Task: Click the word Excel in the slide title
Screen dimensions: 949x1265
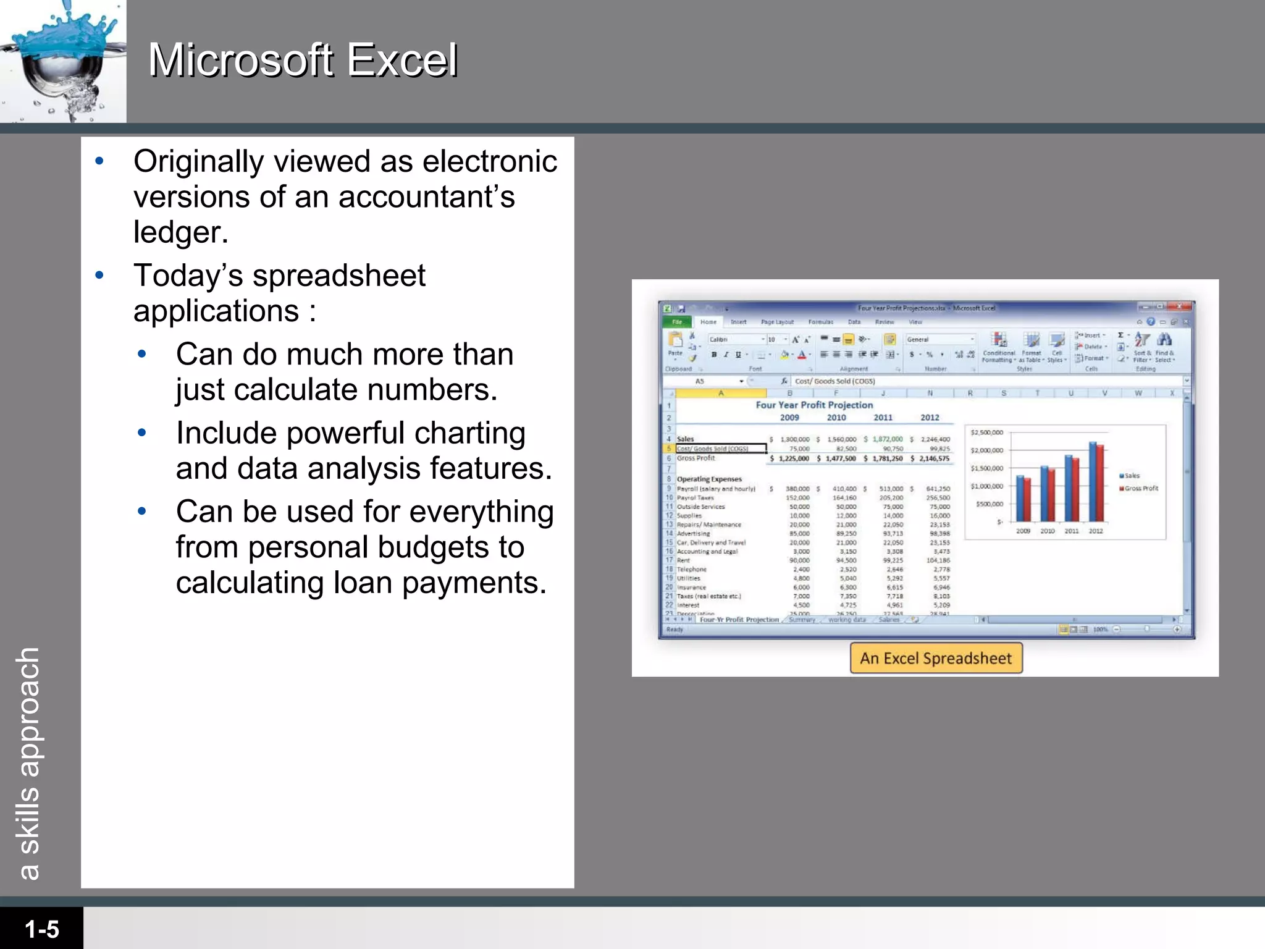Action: coord(401,61)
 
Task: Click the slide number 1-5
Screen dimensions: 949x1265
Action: coord(41,929)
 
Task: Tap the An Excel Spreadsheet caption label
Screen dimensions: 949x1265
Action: coord(936,658)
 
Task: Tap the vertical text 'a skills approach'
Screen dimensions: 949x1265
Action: coord(28,763)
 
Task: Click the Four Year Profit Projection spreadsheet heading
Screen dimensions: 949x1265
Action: coord(814,405)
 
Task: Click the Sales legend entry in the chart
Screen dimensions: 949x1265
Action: coord(1132,476)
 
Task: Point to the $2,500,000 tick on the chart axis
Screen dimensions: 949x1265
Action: coord(987,432)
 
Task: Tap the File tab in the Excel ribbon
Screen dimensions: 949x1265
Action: coord(677,322)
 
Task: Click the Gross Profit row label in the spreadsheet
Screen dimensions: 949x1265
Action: coord(696,458)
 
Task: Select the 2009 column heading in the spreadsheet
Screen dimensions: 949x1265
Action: coord(789,418)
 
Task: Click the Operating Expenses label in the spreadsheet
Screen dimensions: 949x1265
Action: coord(709,479)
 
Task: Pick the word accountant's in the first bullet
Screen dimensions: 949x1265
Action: coord(426,197)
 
